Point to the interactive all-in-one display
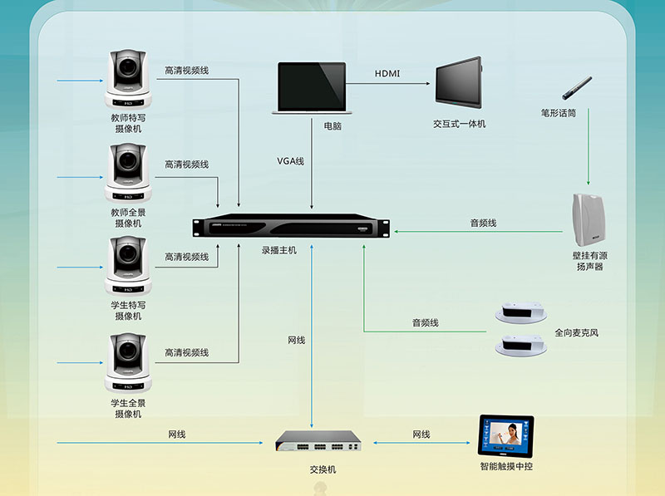458,83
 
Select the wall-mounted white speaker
589,220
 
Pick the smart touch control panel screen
505,437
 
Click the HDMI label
387,74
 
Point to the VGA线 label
291,160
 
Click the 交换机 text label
323,469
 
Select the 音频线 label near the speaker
483,223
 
